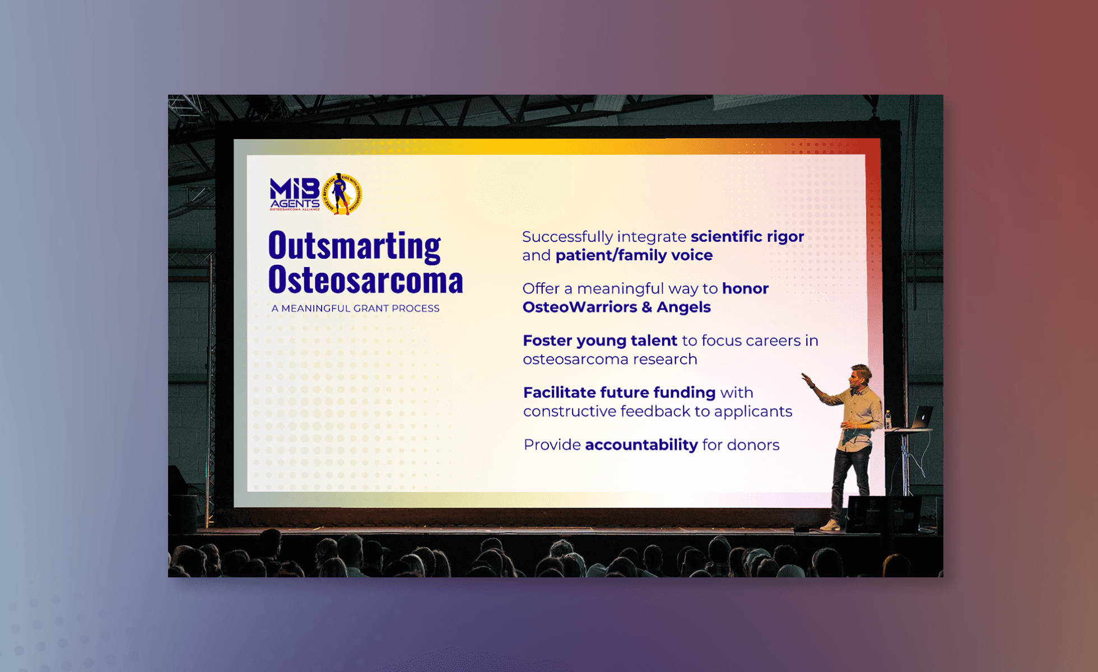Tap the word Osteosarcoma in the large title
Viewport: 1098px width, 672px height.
[366, 279]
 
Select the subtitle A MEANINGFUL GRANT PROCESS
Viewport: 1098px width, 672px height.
[355, 309]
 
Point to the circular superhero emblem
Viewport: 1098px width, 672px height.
[342, 194]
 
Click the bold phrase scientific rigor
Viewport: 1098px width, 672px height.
[747, 237]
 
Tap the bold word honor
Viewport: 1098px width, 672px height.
[745, 288]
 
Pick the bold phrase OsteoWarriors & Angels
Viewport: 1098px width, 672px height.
[617, 307]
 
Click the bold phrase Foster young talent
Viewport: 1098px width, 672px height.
[600, 341]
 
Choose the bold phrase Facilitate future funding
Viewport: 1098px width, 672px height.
[620, 393]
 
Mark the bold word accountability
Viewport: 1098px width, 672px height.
[641, 445]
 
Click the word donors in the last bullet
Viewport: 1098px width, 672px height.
[753, 445]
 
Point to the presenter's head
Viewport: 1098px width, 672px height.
[860, 377]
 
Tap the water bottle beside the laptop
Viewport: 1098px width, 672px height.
[888, 420]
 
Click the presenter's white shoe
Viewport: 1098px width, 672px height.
[830, 525]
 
